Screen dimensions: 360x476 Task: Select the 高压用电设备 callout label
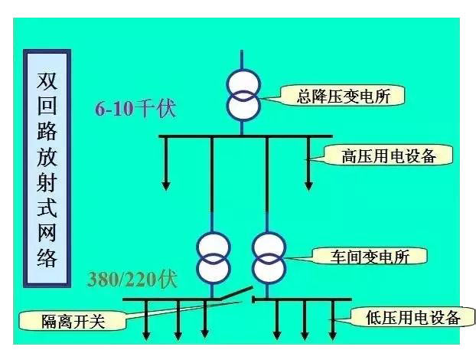point(388,155)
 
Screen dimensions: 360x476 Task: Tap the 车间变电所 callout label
point(370,256)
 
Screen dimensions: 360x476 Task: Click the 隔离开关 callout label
point(73,321)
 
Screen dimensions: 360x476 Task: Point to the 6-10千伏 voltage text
point(135,109)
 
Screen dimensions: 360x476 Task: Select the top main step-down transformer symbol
point(242,95)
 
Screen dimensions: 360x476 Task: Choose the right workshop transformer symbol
point(269,257)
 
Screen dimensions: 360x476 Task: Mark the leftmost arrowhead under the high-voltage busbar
point(165,185)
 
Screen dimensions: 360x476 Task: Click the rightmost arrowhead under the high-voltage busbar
point(308,185)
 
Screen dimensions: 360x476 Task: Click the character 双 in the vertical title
point(47,80)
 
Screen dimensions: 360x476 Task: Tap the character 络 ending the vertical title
point(47,256)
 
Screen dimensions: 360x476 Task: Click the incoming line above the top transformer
point(242,60)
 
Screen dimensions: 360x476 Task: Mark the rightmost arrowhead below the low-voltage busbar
point(331,335)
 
